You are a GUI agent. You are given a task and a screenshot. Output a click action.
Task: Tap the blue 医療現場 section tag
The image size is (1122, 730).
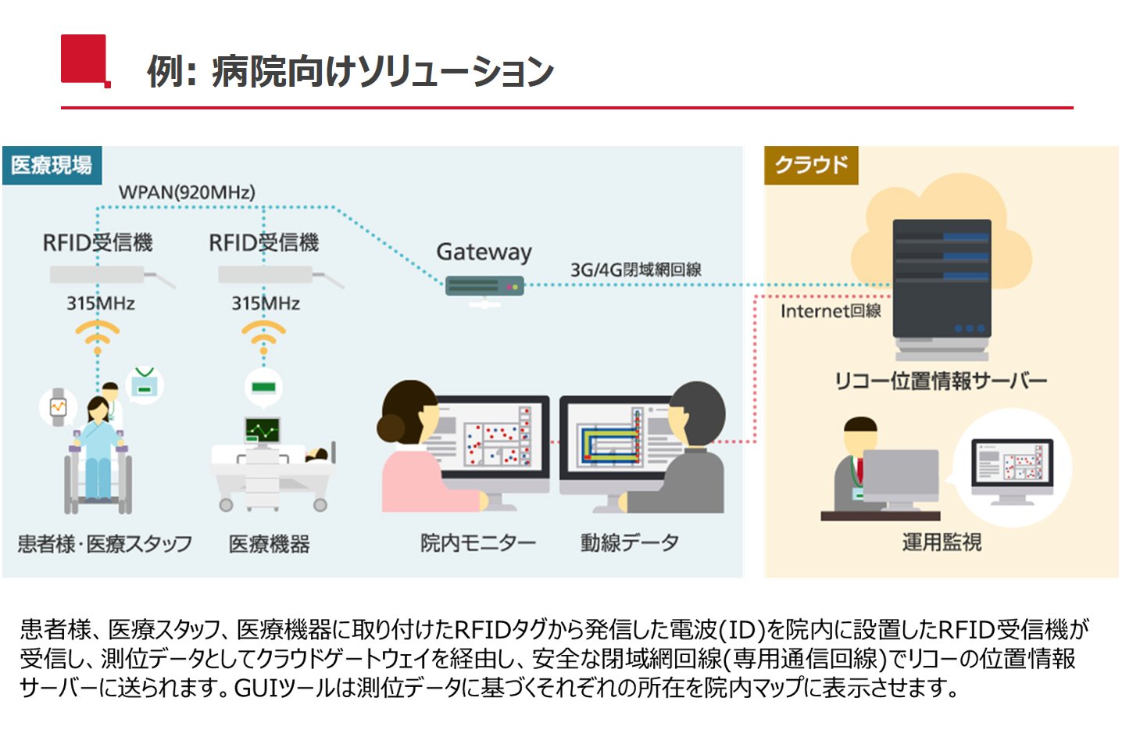[x=52, y=166]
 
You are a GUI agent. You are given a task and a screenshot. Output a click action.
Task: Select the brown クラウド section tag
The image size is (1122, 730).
[x=811, y=166]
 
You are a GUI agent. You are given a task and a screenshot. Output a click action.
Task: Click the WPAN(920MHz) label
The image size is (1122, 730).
[x=187, y=192]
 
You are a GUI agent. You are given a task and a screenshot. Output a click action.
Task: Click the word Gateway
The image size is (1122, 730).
[x=484, y=252]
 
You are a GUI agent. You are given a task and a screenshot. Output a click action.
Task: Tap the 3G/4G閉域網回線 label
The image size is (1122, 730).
[x=636, y=270]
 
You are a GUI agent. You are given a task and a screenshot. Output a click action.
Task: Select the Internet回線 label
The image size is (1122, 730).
[x=831, y=311]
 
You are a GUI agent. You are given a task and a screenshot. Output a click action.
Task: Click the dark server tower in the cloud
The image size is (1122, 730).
[x=942, y=290]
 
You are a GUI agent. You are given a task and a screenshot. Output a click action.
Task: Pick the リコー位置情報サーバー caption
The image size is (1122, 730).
[x=941, y=381]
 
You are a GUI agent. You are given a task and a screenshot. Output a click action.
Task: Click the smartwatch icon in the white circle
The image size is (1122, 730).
[x=58, y=407]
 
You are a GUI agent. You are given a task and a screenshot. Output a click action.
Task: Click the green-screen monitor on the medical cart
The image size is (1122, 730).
[x=263, y=431]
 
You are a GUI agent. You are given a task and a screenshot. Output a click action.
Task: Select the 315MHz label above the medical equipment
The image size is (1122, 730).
[x=266, y=303]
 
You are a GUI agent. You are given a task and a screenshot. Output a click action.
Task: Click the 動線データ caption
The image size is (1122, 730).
[x=630, y=543]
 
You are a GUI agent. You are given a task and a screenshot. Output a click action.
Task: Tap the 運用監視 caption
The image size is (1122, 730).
[x=942, y=542]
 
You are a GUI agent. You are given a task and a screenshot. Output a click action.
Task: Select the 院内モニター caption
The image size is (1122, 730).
[x=478, y=543]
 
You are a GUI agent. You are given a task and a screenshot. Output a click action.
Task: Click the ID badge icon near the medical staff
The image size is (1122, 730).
[x=145, y=385]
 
